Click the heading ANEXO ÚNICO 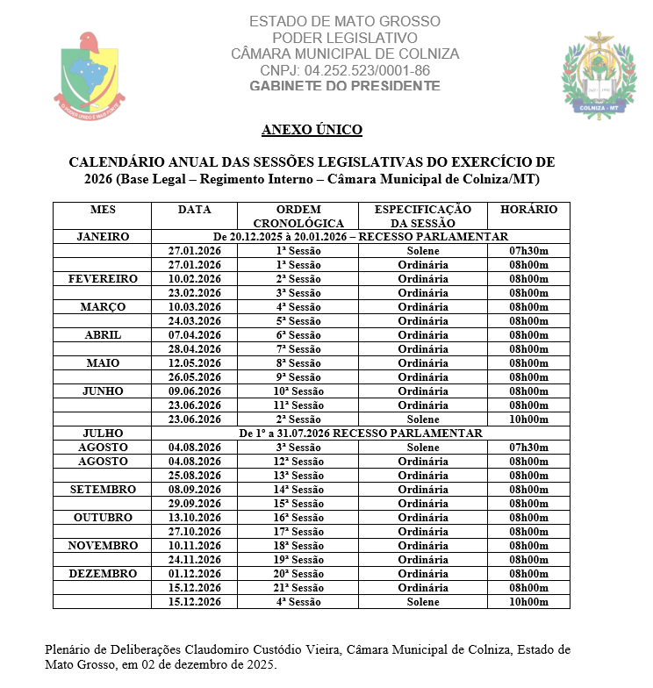pyautogui.click(x=312, y=130)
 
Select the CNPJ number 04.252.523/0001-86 pyautogui.click(x=345, y=69)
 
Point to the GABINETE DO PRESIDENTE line pyautogui.click(x=345, y=85)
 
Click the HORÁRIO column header pyautogui.click(x=528, y=210)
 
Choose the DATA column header pyautogui.click(x=194, y=210)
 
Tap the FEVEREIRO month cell pyautogui.click(x=103, y=279)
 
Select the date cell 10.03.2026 pyautogui.click(x=194, y=307)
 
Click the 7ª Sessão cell pyautogui.click(x=298, y=349)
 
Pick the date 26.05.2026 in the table pyautogui.click(x=194, y=377)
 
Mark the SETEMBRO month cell pyautogui.click(x=103, y=490)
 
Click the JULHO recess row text pyautogui.click(x=361, y=434)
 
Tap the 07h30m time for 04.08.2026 pyautogui.click(x=528, y=448)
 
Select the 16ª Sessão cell pyautogui.click(x=298, y=518)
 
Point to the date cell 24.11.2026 pyautogui.click(x=194, y=560)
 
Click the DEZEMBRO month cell pyautogui.click(x=103, y=574)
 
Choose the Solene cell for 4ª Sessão pyautogui.click(x=422, y=602)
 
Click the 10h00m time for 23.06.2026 pyautogui.click(x=528, y=419)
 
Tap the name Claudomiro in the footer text pyautogui.click(x=224, y=650)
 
